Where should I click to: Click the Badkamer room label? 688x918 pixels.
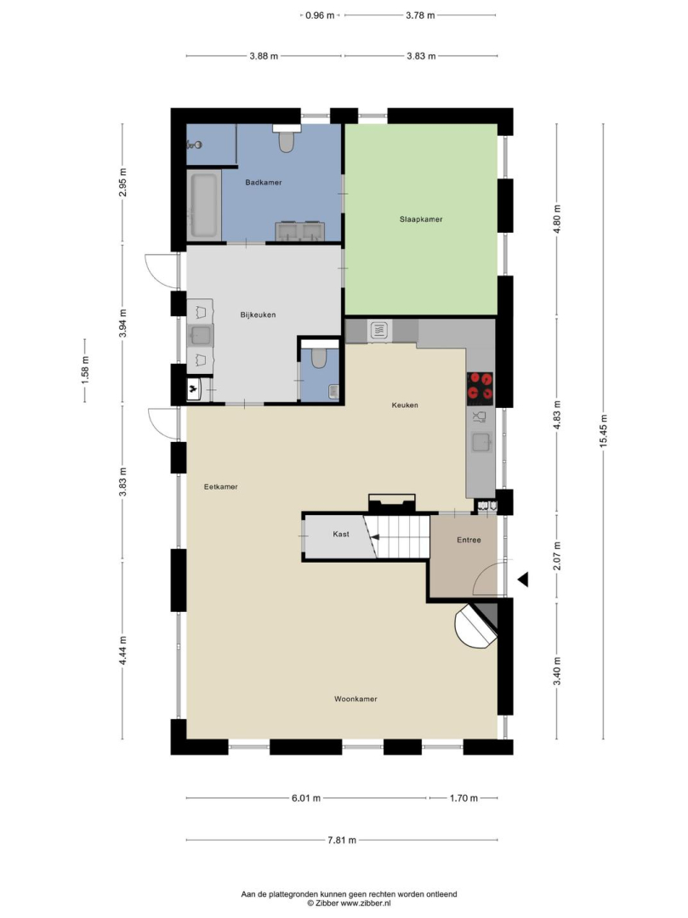coord(264,183)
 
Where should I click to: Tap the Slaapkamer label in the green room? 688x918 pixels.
coord(421,219)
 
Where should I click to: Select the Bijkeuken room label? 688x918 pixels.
coord(259,315)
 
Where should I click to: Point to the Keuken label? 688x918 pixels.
coord(405,405)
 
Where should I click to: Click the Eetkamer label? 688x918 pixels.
coord(221,486)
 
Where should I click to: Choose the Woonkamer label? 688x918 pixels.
coord(355,699)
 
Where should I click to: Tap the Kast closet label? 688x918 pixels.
coord(341,534)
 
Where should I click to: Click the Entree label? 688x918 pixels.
coord(469,540)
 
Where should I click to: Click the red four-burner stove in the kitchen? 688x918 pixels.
coord(480,388)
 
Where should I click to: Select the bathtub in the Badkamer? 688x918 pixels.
coord(204,204)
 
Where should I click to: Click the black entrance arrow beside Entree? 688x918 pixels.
coord(524,580)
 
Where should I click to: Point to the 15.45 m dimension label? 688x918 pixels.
coord(603,430)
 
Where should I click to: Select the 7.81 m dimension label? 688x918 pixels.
coord(341,840)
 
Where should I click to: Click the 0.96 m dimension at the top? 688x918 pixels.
coord(320,16)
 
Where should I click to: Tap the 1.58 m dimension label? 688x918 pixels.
coord(85,370)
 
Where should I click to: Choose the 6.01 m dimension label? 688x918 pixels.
coord(305,798)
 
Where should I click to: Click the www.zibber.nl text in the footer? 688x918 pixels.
coord(366,904)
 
